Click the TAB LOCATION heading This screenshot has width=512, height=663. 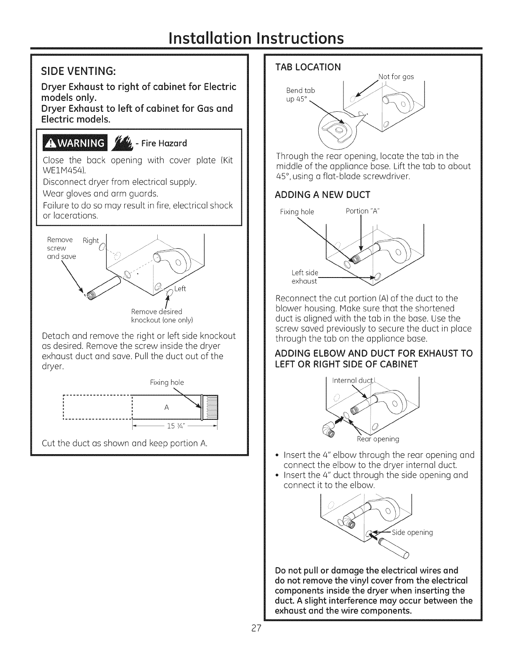pos(308,67)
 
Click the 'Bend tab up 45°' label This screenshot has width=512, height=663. pos(301,95)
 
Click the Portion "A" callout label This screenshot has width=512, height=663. pos(362,211)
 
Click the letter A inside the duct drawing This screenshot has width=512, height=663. pos(166,407)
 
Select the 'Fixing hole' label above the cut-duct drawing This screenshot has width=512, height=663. pos(166,382)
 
